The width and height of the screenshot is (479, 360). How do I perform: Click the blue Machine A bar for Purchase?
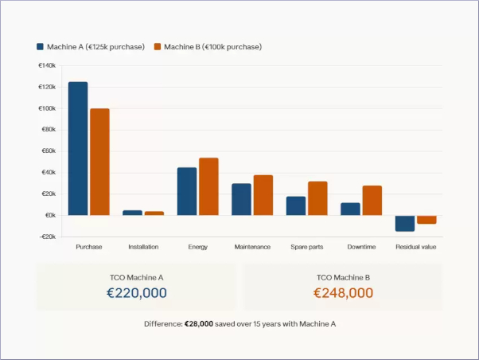coord(78,148)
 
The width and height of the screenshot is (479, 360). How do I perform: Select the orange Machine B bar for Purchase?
coord(99,162)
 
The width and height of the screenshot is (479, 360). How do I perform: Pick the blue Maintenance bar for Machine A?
coord(241,199)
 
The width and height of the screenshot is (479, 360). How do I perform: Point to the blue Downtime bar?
coord(350,209)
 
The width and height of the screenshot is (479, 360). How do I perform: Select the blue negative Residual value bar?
coord(405,223)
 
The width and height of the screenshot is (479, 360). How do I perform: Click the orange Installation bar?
coord(154,213)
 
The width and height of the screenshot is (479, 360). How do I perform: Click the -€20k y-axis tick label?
coord(46,237)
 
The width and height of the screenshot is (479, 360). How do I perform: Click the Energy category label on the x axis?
coord(198,247)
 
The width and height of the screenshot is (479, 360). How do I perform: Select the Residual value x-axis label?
coord(415,247)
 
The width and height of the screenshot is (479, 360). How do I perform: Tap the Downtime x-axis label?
coord(361,247)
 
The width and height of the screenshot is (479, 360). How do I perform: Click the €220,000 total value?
coord(137,293)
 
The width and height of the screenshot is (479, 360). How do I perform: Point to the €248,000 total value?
coord(343,293)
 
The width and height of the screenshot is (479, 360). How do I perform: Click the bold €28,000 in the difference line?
coord(199,324)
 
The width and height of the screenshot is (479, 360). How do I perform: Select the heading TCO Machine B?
coord(343,277)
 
